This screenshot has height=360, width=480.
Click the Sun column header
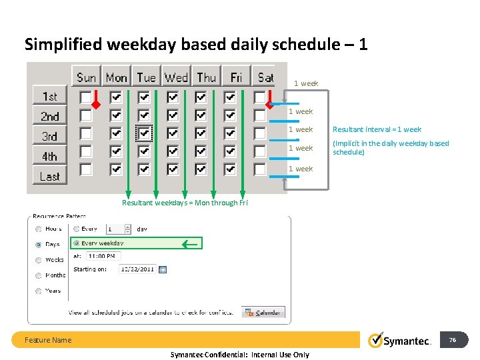pos(86,77)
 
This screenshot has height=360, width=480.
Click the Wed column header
pos(176,77)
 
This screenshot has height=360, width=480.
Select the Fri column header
pos(236,77)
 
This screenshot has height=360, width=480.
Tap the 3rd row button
pos(50,136)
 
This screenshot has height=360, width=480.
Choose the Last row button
pos(50,176)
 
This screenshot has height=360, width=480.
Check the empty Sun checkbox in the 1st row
pos(86,97)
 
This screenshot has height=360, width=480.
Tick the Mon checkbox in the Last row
pos(116,169)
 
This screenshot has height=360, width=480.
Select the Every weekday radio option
pos(77,243)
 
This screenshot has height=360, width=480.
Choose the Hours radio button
pos(39,229)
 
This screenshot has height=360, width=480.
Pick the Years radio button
pos(39,291)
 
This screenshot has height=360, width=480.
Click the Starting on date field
pos(137,269)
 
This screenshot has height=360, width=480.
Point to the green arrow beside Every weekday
pos(191,244)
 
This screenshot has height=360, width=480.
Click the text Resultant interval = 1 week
pos(377,129)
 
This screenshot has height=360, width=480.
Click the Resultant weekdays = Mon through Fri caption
pos(185,203)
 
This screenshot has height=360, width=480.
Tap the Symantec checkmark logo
pos(377,340)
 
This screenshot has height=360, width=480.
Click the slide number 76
pos(452,340)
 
